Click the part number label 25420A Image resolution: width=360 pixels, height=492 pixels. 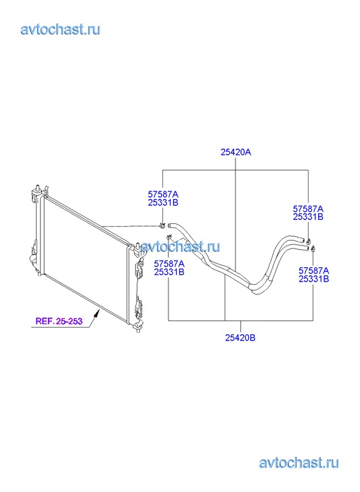(235, 152)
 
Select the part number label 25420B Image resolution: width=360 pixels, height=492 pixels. (240, 338)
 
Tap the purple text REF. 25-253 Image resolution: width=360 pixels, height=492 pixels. (59, 321)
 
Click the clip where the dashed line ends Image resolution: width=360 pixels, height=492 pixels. (162, 225)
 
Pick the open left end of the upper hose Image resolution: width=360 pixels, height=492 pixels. (170, 225)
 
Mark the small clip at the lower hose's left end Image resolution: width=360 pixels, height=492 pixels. (169, 237)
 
